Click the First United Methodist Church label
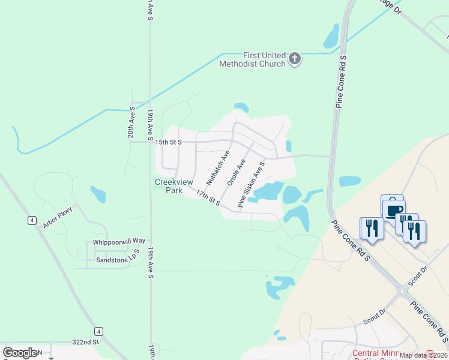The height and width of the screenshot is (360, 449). [253, 59]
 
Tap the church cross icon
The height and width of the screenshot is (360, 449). [294, 58]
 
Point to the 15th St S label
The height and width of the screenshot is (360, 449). [168, 142]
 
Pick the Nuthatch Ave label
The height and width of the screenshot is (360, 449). [218, 167]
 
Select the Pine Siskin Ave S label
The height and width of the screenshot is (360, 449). [252, 184]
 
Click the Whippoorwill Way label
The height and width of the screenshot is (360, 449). [119, 242]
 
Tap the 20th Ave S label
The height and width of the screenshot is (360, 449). [131, 122]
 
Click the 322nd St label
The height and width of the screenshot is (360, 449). [86, 342]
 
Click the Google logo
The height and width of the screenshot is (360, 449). [20, 353]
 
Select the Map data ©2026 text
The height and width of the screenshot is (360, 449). [423, 355]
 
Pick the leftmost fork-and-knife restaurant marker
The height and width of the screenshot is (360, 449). [370, 228]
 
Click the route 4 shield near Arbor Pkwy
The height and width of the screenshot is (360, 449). [31, 220]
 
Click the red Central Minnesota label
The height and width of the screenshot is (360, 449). [390, 353]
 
